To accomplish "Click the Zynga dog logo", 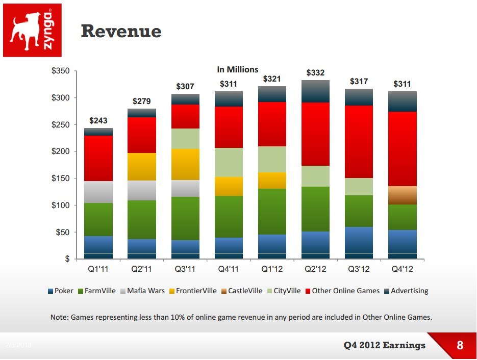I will click(32, 30).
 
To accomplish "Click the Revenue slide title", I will click(121, 32).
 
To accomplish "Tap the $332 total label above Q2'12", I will click(315, 73).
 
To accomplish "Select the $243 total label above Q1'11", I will click(98, 120).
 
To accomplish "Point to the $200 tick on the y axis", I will click(61, 151).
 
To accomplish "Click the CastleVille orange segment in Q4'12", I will click(403, 195).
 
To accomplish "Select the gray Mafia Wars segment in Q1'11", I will click(98, 192).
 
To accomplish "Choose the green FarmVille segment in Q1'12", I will click(272, 212).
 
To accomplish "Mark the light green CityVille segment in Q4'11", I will click(229, 162).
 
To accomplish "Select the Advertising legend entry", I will click(406, 291).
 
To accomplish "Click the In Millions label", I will click(238, 69).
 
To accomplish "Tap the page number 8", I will click(460, 345).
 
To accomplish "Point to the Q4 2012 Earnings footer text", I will click(384, 345).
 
